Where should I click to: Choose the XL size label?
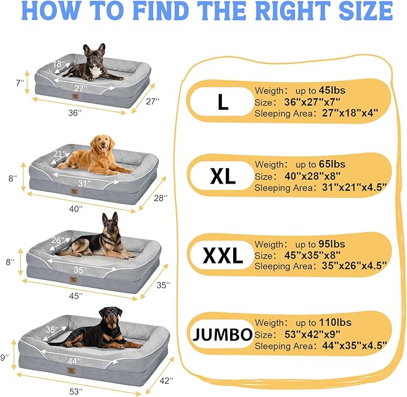[x=223, y=176]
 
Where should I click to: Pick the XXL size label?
[x=222, y=255]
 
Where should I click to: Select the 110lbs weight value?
[x=334, y=323]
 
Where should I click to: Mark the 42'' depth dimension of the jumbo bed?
[x=167, y=380]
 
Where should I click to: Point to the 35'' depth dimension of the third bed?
[x=162, y=285]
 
